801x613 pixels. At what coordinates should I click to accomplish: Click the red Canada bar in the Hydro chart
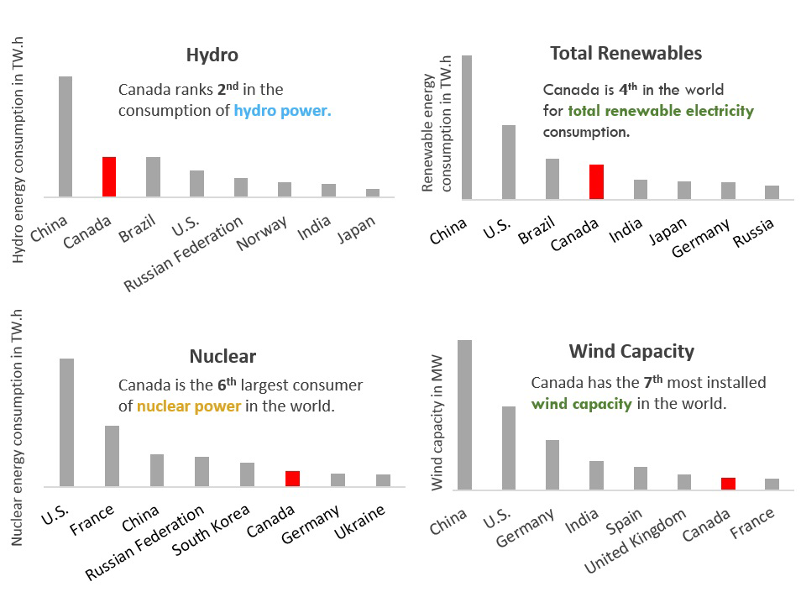[x=108, y=176]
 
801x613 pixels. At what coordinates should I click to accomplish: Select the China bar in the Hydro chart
[x=65, y=136]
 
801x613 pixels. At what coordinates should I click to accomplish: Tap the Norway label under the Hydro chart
[x=264, y=233]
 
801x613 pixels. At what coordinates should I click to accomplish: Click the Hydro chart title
[x=212, y=55]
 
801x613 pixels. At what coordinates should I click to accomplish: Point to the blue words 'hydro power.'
[x=283, y=111]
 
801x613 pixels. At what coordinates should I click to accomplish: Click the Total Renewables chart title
[x=626, y=54]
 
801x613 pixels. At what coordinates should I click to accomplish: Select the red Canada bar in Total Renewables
[x=596, y=181]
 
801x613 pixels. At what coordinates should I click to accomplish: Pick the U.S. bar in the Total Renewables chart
[x=509, y=162]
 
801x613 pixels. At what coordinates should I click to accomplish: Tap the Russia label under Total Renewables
[x=753, y=231]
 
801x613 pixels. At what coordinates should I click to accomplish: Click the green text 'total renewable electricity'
[x=661, y=111]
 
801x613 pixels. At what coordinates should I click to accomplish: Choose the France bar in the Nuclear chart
[x=112, y=455]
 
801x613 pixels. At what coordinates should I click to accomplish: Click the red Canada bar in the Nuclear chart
[x=292, y=479]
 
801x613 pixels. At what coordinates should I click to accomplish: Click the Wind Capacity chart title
[x=631, y=351]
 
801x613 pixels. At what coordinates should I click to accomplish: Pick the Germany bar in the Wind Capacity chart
[x=552, y=464]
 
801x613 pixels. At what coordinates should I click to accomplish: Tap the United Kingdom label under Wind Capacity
[x=636, y=543]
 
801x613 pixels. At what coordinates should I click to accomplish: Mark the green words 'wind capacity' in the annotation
[x=581, y=404]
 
